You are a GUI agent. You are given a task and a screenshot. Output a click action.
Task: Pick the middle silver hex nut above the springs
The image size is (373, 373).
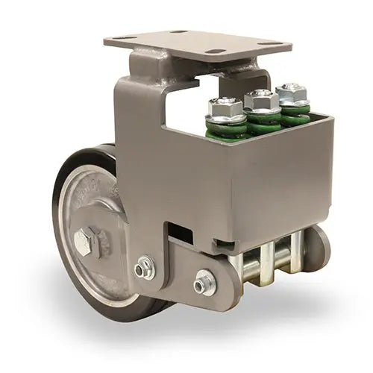pyautogui.click(x=261, y=100)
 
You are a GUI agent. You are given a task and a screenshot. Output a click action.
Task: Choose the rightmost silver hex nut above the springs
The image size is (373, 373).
pyautogui.click(x=292, y=93)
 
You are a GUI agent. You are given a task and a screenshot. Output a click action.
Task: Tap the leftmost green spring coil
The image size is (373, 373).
pyautogui.click(x=226, y=131)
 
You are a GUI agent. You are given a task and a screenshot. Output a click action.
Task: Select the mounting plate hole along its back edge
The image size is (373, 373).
pyautogui.click(x=179, y=32)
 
